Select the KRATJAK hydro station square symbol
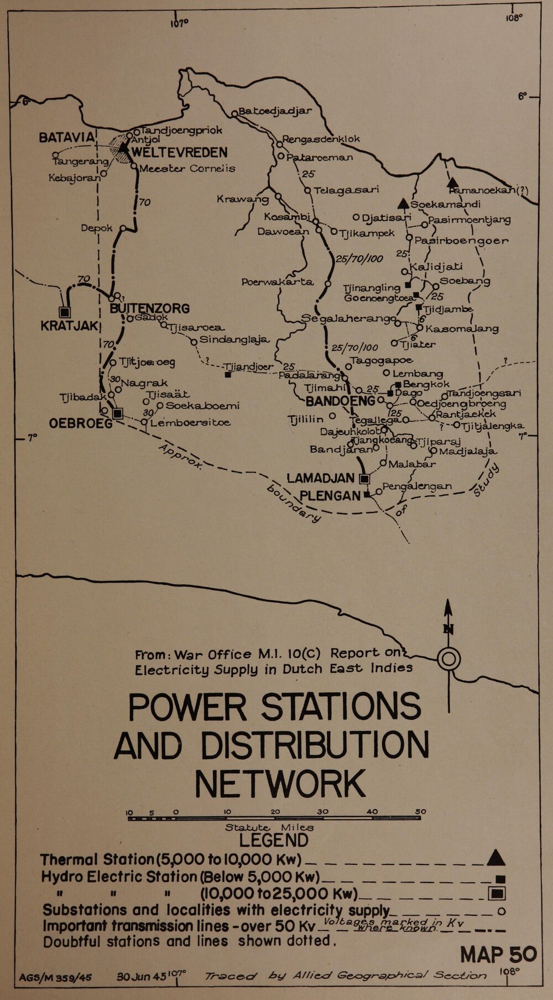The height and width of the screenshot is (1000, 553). pos(65,312)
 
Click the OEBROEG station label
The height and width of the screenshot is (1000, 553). pos(80,423)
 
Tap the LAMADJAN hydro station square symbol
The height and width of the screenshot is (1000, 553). pos(364,478)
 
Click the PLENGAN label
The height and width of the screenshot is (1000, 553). pos(330,495)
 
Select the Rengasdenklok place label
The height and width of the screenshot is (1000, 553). pos(321,139)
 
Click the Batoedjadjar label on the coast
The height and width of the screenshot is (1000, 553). pos(275,111)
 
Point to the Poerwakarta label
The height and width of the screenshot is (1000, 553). pos(277,282)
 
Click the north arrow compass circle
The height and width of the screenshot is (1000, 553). pos(448,659)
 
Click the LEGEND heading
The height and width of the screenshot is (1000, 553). pos(274,840)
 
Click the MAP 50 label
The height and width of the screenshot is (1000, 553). pos(498,955)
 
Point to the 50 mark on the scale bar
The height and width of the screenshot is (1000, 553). pos(420,812)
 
